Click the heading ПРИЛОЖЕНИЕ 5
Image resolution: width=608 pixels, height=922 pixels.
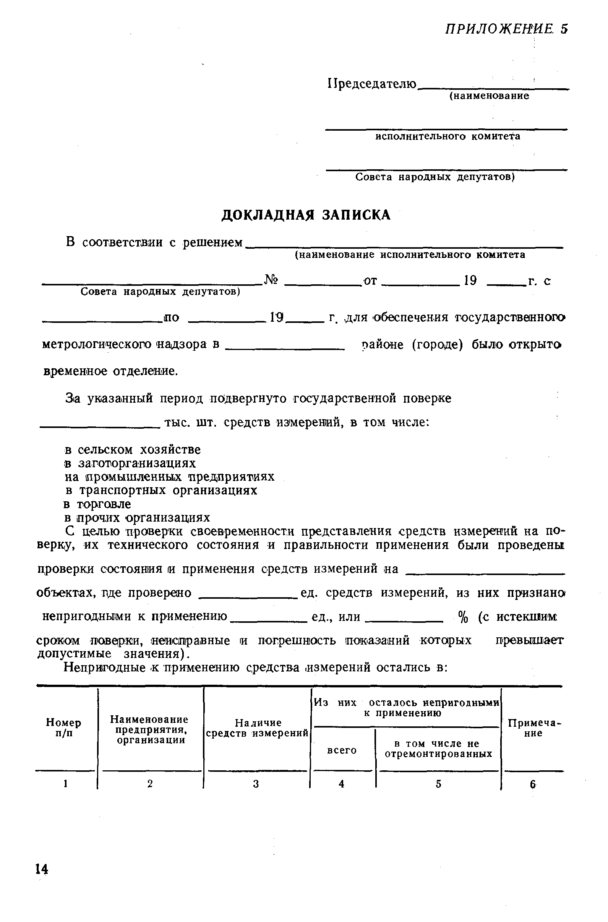506,29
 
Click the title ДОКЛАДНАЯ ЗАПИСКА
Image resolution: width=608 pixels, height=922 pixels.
306,215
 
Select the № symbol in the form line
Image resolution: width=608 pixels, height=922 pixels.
271,280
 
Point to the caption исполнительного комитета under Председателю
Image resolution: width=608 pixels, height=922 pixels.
447,136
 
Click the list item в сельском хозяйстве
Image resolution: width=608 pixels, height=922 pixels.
133,450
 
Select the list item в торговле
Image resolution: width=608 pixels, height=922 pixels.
98,504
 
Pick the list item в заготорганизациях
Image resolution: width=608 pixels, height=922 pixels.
130,463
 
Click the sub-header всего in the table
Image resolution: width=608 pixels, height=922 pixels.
342,750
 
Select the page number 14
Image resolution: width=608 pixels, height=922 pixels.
42,869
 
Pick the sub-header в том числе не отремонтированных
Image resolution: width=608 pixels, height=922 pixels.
438,749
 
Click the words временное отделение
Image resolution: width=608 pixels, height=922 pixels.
110,371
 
